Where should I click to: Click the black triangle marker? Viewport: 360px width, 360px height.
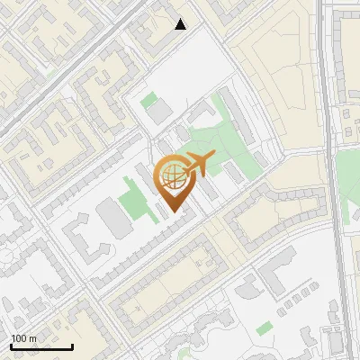point(181,24)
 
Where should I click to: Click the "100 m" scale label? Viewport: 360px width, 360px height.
point(23,338)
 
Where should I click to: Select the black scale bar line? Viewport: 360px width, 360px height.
point(41,346)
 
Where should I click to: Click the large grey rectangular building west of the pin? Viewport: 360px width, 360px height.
point(112,219)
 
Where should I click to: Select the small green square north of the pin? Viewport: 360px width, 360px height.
point(149,102)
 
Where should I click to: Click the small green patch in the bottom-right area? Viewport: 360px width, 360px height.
point(264,328)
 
